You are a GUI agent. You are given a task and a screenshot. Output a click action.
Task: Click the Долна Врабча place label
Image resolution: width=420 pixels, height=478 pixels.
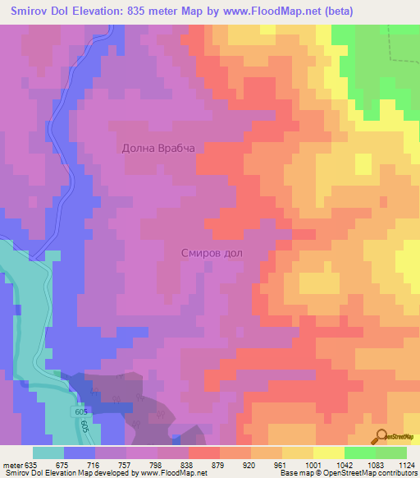(157, 148)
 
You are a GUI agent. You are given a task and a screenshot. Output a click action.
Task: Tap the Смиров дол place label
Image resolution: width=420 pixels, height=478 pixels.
(212, 253)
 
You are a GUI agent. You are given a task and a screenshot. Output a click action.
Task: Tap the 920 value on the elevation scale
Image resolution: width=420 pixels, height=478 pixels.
(250, 464)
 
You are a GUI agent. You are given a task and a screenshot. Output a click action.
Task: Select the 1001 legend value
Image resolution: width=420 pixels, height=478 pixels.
(312, 464)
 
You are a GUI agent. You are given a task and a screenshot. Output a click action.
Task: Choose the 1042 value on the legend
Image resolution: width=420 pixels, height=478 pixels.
(344, 464)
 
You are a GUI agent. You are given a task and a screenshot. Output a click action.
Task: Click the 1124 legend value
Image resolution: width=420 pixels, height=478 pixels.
(406, 464)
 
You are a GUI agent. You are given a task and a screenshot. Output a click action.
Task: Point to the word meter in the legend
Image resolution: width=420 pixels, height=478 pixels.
(14, 464)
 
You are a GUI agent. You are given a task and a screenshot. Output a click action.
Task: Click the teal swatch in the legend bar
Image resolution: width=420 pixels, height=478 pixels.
(48, 453)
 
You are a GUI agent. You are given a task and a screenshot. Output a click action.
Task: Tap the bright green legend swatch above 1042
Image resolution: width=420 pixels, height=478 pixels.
(359, 453)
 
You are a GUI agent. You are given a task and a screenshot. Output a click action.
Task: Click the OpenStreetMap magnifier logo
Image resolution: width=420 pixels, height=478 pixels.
(381, 437)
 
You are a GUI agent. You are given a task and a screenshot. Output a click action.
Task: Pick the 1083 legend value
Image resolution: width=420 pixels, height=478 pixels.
(375, 464)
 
